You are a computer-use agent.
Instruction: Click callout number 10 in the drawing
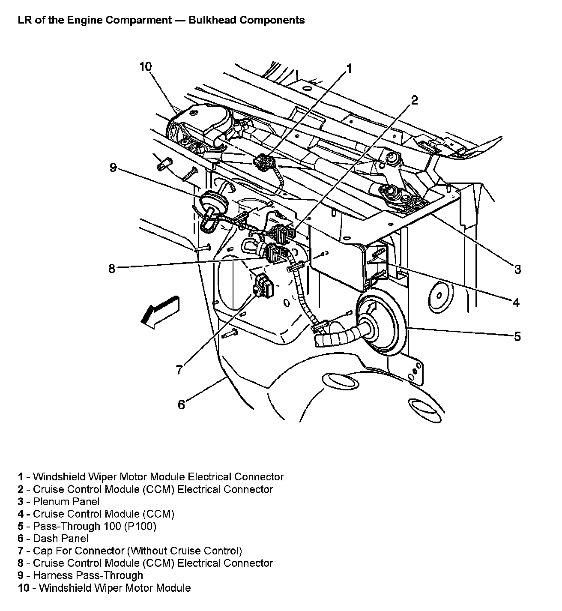pos(146,67)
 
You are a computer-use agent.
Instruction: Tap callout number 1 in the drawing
pos(349,69)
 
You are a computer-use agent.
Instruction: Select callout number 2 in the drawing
pos(414,100)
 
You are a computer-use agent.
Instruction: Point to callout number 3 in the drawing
pos(517,269)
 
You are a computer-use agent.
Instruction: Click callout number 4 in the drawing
pos(516,303)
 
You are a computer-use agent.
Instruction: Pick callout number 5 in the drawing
pos(517,336)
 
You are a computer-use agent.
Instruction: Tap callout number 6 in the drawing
pos(181,404)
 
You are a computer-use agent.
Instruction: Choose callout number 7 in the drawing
pos(179,369)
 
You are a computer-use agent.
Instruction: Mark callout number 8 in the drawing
pos(112,269)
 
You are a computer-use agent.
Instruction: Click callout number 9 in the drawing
pos(113,167)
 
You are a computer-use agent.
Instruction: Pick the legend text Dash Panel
pos(60,538)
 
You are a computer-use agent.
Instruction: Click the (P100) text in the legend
pos(140,526)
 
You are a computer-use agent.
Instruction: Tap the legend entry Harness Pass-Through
pos(88,575)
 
